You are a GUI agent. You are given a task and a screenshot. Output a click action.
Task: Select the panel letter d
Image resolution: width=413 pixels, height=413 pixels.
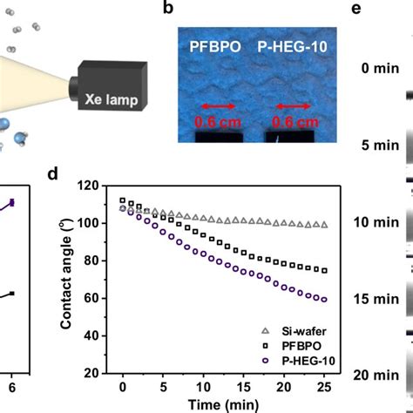(x=53, y=173)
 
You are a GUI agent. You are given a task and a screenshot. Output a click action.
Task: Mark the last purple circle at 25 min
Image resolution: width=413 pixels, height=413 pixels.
(x=325, y=300)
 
